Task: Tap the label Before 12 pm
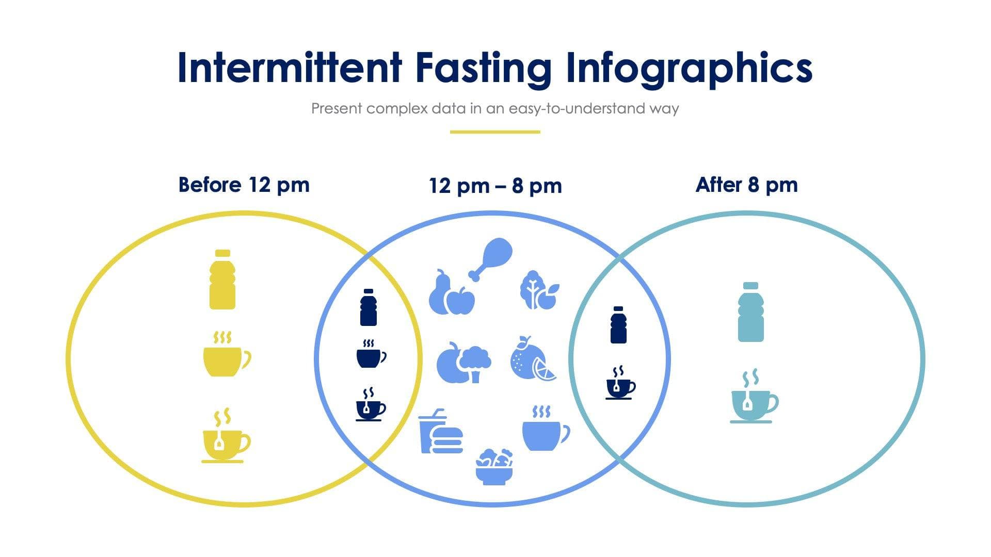[244, 185]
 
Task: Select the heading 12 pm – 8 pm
[495, 186]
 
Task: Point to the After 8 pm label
[746, 185]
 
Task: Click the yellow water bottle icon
[222, 280]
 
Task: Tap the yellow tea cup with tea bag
[225, 438]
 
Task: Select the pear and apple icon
[451, 294]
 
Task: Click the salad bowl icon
[494, 467]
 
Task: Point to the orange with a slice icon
[532, 359]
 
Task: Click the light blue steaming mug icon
[545, 430]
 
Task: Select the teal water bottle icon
[750, 312]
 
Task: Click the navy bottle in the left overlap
[368, 307]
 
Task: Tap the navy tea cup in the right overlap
[620, 384]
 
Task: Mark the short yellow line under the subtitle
[495, 132]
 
